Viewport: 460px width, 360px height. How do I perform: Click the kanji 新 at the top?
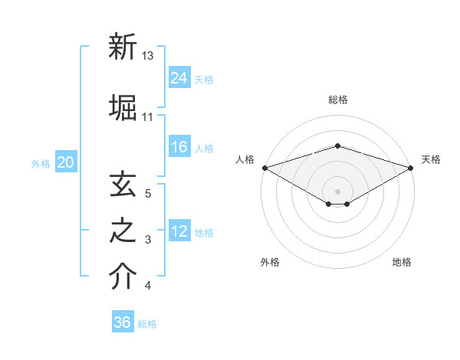tap(123, 47)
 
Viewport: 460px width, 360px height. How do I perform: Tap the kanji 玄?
tap(123, 185)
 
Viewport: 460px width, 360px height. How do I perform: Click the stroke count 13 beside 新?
tap(148, 56)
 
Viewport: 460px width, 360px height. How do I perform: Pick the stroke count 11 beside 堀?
tap(148, 116)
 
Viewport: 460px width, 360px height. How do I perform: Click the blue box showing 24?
tap(179, 77)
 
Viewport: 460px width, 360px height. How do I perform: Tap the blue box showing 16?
tap(179, 147)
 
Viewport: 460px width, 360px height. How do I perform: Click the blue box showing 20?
tap(66, 162)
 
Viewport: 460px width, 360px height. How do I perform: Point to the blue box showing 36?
tap(123, 322)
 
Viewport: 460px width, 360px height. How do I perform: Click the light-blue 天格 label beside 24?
tap(204, 79)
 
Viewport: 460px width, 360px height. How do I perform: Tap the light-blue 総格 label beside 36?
tap(147, 324)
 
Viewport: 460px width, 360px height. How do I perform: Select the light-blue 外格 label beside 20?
tap(40, 163)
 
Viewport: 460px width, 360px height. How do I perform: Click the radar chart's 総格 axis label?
tap(337, 100)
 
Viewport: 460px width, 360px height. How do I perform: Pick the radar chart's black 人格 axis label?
tap(245, 159)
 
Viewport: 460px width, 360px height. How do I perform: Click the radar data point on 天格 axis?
tap(411, 167)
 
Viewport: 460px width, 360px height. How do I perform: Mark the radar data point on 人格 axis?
tap(264, 167)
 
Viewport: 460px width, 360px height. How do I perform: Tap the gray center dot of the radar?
tap(337, 191)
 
